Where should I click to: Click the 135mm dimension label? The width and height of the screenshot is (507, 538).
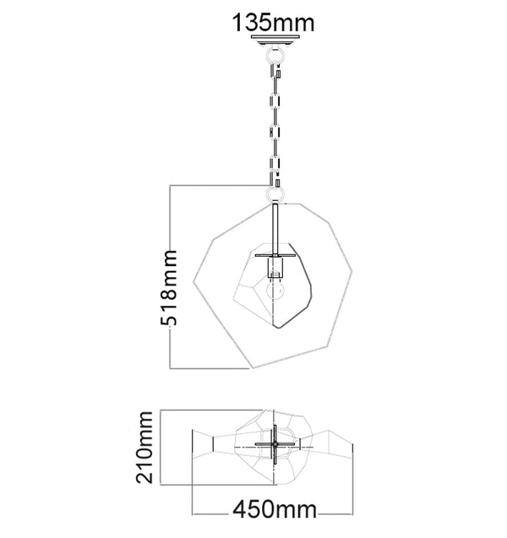[x=272, y=19]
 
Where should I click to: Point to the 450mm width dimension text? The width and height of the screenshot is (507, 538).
[x=273, y=510]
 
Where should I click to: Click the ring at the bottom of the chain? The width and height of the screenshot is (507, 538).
[x=274, y=194]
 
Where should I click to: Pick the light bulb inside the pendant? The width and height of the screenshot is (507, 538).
[x=273, y=291]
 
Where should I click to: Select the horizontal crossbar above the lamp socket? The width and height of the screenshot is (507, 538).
[x=273, y=254]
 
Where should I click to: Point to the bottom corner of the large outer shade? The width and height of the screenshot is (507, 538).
[x=252, y=368]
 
